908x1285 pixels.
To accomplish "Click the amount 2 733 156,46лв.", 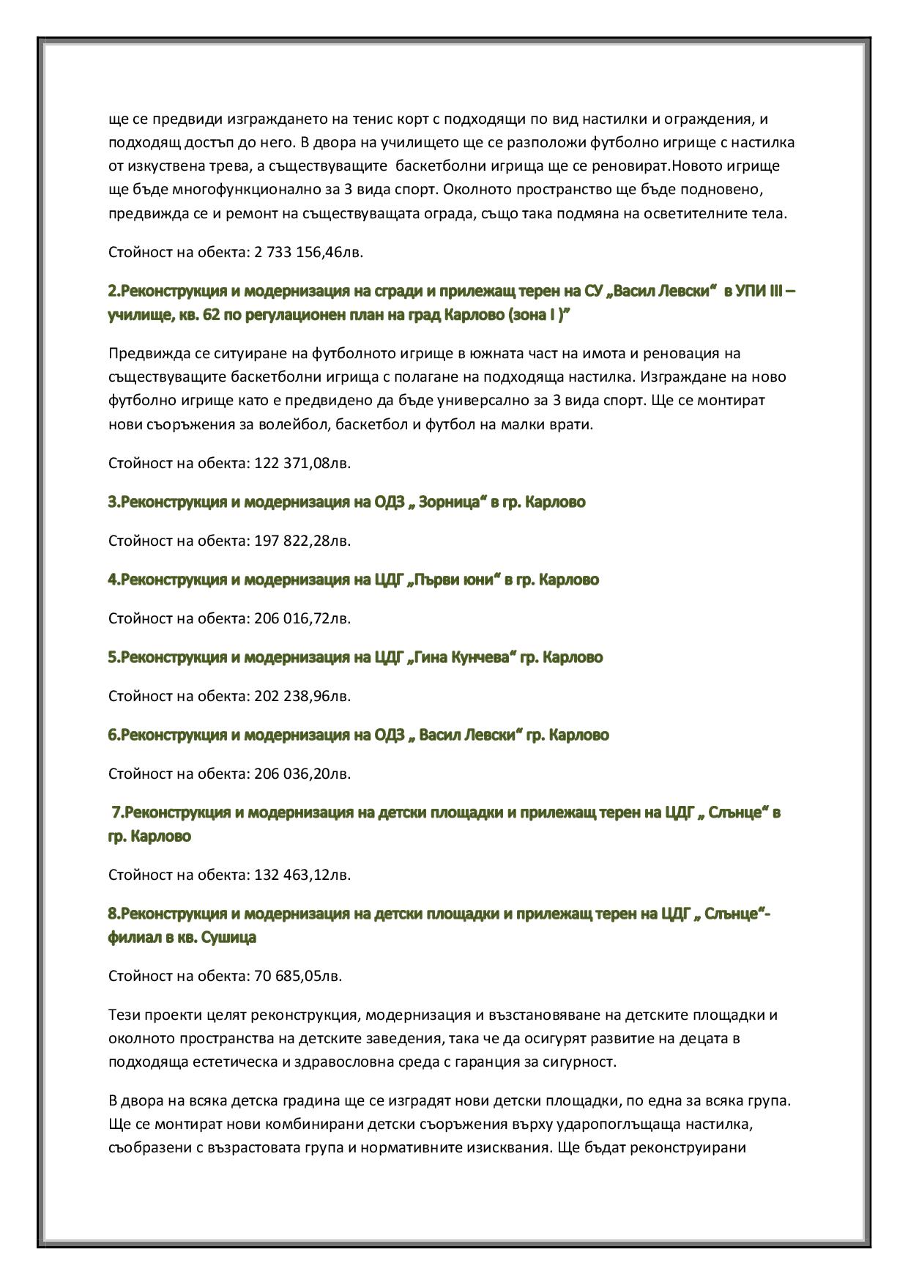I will point(308,253).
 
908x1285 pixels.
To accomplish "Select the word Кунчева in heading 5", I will point(480,657).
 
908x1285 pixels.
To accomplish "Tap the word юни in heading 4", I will point(480,579).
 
